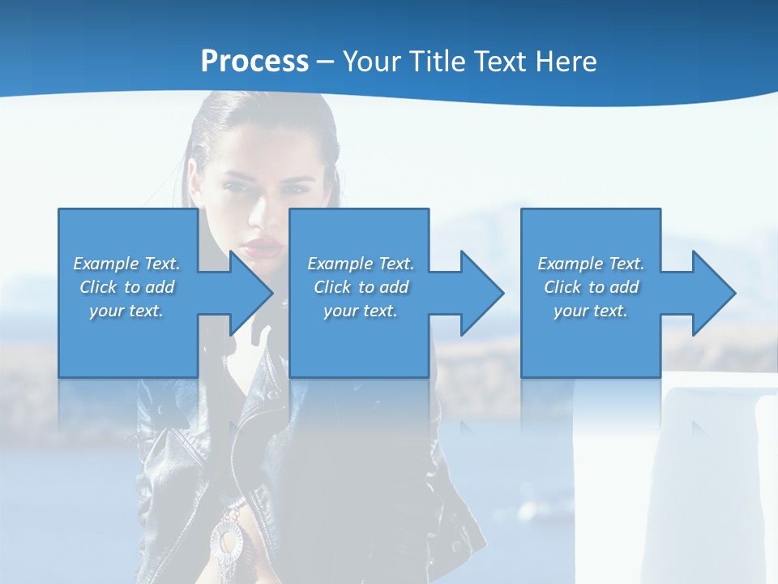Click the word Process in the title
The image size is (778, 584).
tap(254, 62)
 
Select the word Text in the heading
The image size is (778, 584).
tap(500, 62)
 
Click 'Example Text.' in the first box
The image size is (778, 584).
tap(126, 264)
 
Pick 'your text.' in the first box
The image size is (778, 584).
tap(126, 311)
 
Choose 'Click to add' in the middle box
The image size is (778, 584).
tap(361, 287)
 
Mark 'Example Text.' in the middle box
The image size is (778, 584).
tap(361, 264)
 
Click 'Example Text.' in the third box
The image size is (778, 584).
tap(591, 264)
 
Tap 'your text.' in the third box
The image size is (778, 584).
tap(591, 311)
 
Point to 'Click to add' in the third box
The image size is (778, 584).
tap(591, 287)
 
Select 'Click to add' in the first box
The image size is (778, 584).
tap(126, 287)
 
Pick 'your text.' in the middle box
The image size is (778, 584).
tap(361, 311)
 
